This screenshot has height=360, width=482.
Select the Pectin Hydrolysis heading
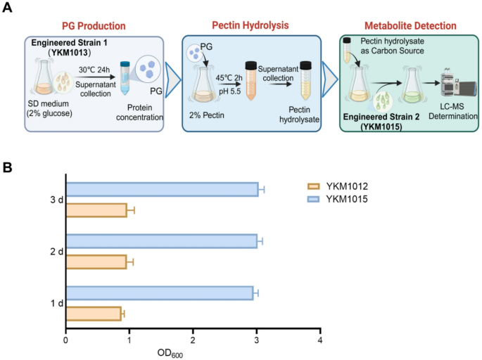coord(250,26)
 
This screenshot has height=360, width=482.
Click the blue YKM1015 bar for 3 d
coord(162,189)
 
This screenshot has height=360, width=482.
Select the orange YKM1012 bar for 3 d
coord(96,210)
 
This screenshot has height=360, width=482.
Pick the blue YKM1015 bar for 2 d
coord(161,241)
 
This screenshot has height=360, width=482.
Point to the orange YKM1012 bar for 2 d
coord(96,262)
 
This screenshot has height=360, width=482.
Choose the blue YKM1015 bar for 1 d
coord(159,292)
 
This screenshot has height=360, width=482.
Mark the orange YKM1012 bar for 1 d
coord(94,314)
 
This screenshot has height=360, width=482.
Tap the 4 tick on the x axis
coord(320,341)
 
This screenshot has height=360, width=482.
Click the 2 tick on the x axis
coord(193,341)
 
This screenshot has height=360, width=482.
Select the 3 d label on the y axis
coord(51,200)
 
